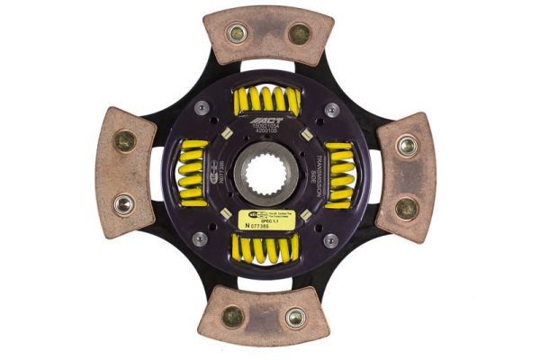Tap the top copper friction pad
267,35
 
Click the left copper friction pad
125,173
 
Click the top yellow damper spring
268,101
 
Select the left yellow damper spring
192,173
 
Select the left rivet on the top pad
237,33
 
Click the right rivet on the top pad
298,34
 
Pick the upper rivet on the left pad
125,141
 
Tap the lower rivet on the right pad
406,208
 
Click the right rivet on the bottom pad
294,317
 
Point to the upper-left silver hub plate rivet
202,109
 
